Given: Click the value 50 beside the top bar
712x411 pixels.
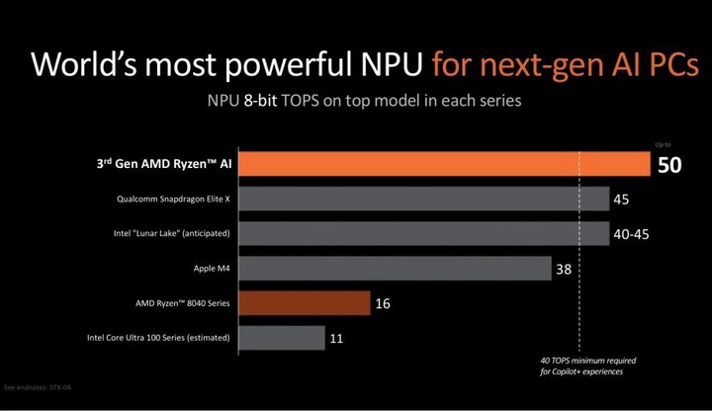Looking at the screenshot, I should coord(669,165).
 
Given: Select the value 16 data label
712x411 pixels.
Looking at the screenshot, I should coord(383,303).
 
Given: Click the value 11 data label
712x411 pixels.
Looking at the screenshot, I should coord(337,338).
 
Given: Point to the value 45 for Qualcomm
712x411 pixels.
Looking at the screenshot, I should coord(621,200).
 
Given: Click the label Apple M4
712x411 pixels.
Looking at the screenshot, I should coord(213,268).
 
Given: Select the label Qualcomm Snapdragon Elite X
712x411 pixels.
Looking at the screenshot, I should coord(173,199).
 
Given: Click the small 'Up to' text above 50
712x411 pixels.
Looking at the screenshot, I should coord(663,145).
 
